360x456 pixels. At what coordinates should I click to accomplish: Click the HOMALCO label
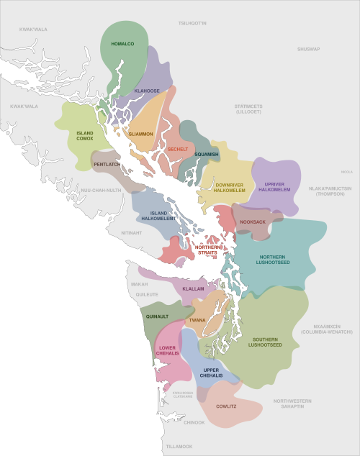click(122, 44)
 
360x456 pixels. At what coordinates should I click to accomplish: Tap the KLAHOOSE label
click(147, 91)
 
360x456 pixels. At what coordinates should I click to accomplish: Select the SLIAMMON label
click(140, 134)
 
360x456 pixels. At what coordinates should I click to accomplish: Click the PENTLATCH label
click(107, 165)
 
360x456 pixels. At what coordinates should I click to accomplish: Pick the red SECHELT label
click(177, 149)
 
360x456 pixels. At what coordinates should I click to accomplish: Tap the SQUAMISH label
click(206, 154)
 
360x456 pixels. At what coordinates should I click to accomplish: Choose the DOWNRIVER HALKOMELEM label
click(230, 188)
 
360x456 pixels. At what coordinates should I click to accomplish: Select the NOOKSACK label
click(253, 222)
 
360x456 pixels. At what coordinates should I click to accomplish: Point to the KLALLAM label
click(193, 288)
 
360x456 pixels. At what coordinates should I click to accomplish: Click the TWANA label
click(197, 319)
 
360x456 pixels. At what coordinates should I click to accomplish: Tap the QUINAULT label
click(156, 316)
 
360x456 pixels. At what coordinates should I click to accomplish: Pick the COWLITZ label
click(228, 406)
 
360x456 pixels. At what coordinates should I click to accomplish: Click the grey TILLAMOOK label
click(179, 447)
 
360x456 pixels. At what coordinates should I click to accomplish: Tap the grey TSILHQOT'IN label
click(192, 24)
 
